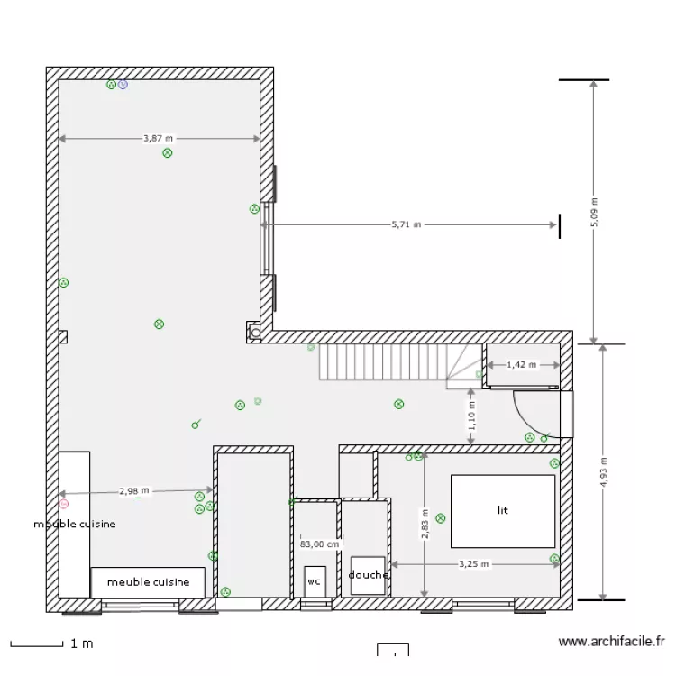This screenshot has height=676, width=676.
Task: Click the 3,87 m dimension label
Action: pyautogui.click(x=158, y=139)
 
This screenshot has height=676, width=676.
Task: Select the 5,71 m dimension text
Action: pyautogui.click(x=407, y=224)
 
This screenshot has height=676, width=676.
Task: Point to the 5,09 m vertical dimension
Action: pyautogui.click(x=594, y=213)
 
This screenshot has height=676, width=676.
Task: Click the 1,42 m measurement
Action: pyautogui.click(x=521, y=365)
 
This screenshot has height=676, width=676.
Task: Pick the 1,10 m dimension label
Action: pyautogui.click(x=471, y=415)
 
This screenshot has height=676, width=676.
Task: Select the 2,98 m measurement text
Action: pyautogui.click(x=133, y=491)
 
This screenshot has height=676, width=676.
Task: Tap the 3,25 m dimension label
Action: pyautogui.click(x=473, y=564)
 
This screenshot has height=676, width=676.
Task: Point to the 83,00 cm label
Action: pyautogui.click(x=319, y=544)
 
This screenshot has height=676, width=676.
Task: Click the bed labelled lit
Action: pyautogui.click(x=503, y=510)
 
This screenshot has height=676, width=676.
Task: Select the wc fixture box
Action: pyautogui.click(x=315, y=580)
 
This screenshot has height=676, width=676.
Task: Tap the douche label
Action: pyautogui.click(x=369, y=575)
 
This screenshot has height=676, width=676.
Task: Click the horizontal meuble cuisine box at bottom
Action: pyautogui.click(x=148, y=582)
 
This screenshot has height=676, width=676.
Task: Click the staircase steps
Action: pyautogui.click(x=382, y=362)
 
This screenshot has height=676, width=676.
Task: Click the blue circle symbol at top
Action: pyautogui.click(x=123, y=85)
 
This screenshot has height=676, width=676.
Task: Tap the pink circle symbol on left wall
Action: pyautogui.click(x=63, y=504)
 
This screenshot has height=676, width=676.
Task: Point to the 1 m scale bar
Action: pyautogui.click(x=38, y=644)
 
